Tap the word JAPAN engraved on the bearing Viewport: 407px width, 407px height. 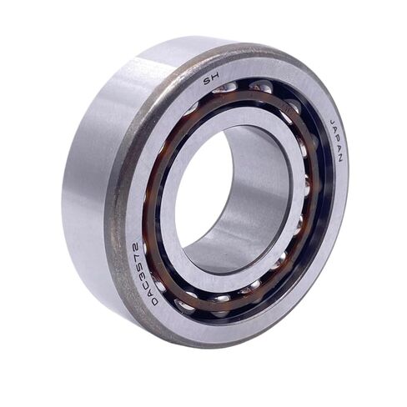(336, 140)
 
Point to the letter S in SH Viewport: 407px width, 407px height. (208, 82)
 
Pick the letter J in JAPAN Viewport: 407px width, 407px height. (333, 123)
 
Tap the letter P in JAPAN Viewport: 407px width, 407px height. (336, 140)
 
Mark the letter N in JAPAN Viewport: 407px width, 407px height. (339, 158)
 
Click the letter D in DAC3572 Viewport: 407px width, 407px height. (154, 303)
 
